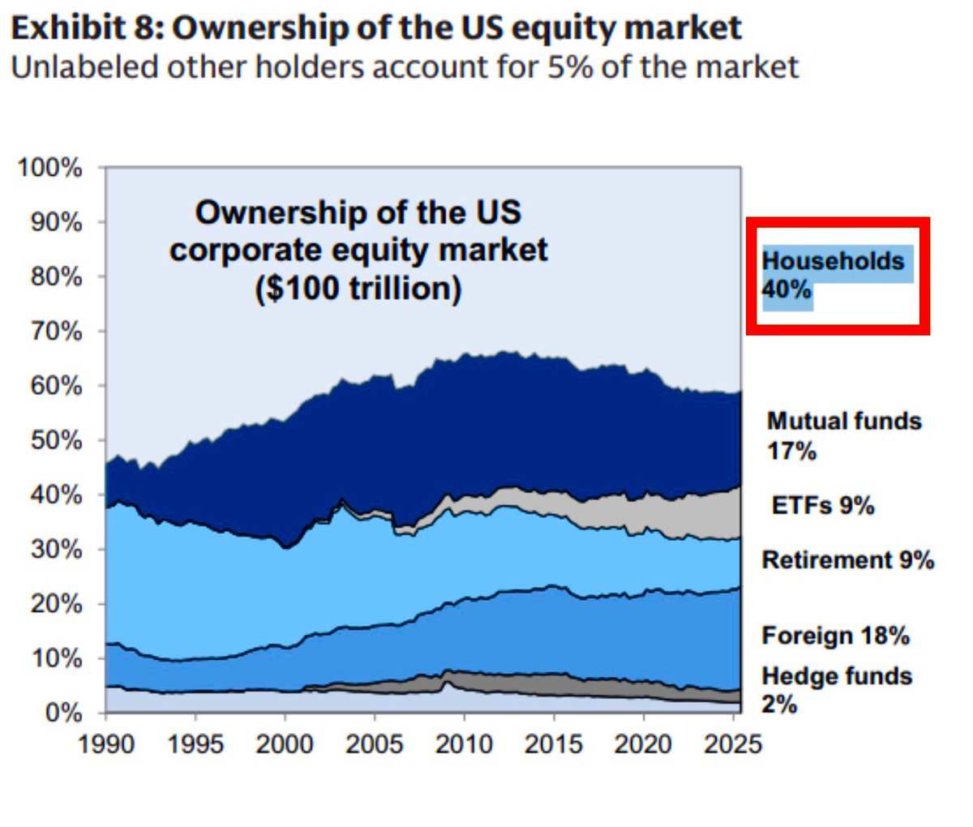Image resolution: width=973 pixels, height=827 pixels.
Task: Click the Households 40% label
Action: [833, 274]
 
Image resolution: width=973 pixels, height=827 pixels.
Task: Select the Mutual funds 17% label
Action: [844, 435]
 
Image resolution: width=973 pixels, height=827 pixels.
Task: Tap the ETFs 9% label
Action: [822, 506]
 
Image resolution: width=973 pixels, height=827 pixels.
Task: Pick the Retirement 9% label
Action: [847, 560]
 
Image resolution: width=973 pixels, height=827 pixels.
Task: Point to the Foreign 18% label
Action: [835, 636]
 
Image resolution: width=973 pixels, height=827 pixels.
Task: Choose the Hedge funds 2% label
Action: [837, 690]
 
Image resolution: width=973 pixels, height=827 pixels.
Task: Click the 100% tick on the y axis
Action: [50, 169]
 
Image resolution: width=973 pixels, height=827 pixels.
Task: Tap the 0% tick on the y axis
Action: [62, 713]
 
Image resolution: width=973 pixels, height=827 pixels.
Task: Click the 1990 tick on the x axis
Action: [106, 744]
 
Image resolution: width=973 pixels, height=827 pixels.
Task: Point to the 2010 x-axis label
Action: [463, 744]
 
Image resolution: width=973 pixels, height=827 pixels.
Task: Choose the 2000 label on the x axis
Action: [285, 744]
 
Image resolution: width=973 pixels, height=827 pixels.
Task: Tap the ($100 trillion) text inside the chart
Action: [358, 289]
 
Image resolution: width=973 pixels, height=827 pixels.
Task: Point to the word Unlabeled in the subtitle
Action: [84, 66]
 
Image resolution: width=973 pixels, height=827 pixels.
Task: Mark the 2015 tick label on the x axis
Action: [553, 744]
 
